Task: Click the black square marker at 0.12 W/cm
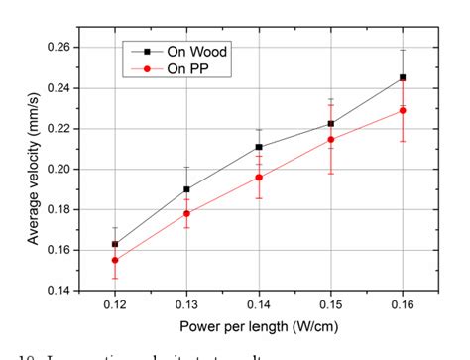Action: click(x=115, y=244)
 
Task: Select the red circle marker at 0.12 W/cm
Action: click(x=115, y=260)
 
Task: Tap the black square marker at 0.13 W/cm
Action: click(x=186, y=188)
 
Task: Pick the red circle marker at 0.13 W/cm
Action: click(x=186, y=213)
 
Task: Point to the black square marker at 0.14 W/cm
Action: click(x=259, y=147)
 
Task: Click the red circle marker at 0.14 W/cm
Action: click(x=259, y=178)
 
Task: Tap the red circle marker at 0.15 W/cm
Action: click(x=330, y=140)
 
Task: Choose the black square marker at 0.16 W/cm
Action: click(x=403, y=77)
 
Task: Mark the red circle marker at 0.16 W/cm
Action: click(x=403, y=110)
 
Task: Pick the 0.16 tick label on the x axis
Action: click(x=403, y=305)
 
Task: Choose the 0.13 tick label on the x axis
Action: click(x=186, y=305)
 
